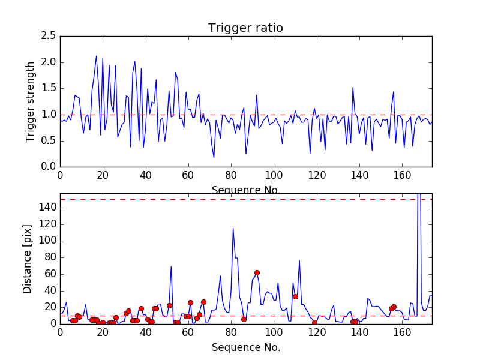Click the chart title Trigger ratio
tap(245, 28)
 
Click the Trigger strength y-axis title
tap(31, 101)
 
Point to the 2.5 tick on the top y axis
tap(49, 36)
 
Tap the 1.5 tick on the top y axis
tap(49, 88)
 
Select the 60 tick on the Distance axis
tap(50, 274)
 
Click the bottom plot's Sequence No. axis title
tap(245, 347)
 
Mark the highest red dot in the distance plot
tap(257, 272)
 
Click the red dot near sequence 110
tap(295, 296)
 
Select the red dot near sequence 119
tap(314, 322)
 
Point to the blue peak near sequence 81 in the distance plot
tap(233, 228)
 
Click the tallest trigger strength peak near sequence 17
tap(96, 56)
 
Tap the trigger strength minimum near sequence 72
tap(214, 157)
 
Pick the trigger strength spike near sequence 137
tap(353, 88)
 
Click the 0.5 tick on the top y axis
tap(49, 140)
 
